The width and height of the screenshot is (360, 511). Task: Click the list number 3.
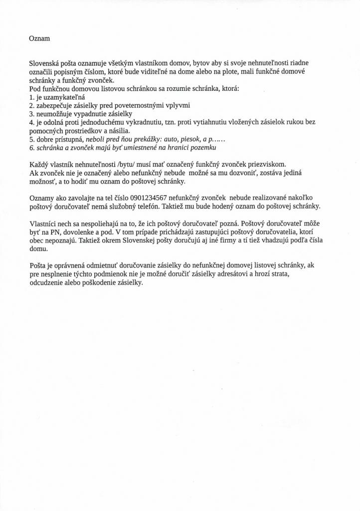point(31,114)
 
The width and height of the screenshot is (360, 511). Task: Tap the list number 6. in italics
point(32,148)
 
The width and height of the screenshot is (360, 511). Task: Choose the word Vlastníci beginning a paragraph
point(45,224)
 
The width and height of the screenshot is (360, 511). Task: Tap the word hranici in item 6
point(178,148)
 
